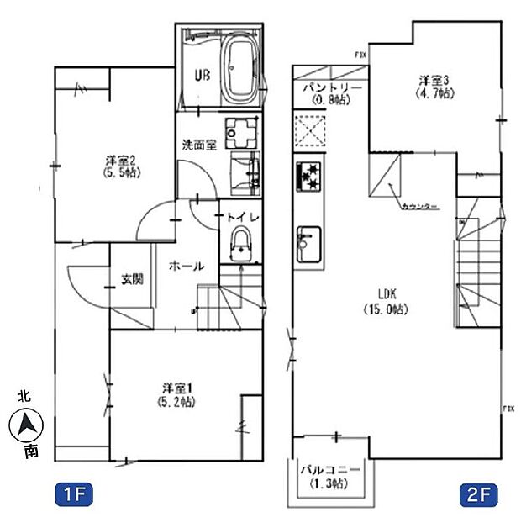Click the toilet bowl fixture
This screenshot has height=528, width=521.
241,243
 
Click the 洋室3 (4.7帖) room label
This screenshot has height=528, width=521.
436,87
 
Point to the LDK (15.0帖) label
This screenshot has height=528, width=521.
386,301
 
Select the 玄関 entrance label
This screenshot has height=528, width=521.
130,279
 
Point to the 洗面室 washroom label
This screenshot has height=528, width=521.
200,144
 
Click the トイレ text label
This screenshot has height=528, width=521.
245,216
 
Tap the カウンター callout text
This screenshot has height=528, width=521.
418,206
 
